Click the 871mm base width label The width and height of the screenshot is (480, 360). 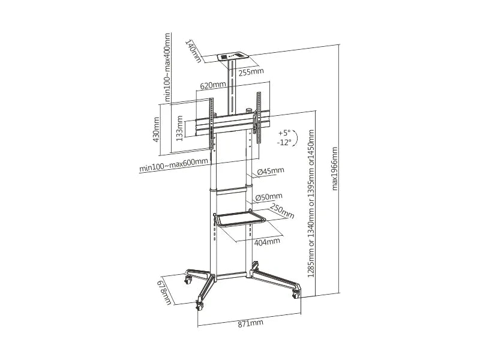250,323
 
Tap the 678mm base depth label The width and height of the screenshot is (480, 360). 164,293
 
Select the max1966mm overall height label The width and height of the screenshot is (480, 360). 335,169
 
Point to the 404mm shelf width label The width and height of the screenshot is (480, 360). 267,242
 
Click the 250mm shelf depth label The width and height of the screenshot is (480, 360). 282,211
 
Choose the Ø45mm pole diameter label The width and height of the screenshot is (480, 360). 271,171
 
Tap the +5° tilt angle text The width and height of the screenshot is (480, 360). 284,133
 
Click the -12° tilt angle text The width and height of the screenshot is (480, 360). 283,142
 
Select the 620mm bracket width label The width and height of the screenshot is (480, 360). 213,85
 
